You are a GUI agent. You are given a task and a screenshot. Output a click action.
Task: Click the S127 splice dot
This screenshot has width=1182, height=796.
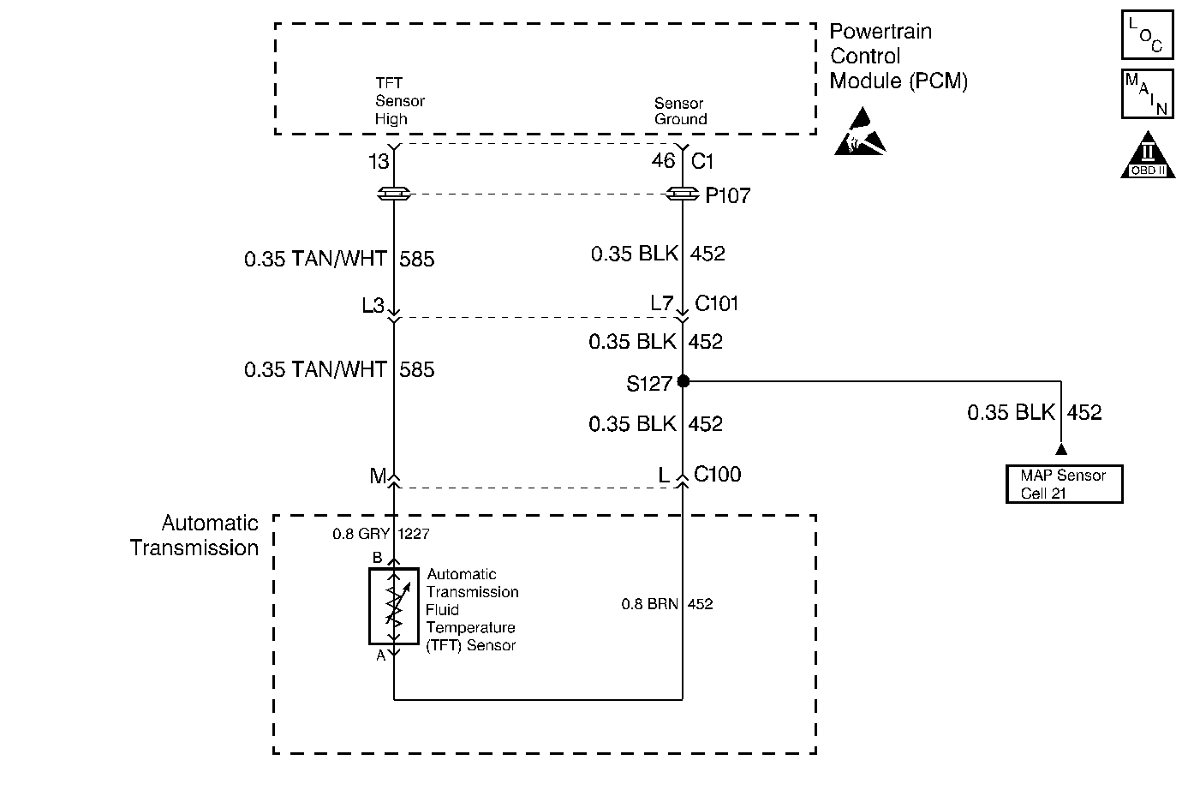click(683, 380)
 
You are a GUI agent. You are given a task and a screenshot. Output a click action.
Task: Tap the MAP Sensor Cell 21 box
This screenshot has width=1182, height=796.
click(1064, 484)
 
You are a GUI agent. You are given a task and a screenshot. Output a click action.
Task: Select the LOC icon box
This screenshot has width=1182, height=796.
click(1146, 35)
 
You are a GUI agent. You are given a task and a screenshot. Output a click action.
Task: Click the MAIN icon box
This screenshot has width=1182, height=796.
click(1146, 93)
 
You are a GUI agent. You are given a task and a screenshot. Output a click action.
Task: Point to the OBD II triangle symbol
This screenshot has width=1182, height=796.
click(1148, 156)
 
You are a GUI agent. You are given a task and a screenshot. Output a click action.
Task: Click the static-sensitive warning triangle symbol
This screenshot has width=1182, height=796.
click(859, 134)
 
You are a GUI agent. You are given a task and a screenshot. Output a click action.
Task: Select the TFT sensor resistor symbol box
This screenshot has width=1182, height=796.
click(394, 605)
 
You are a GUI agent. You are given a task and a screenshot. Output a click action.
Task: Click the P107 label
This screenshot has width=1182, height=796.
click(727, 196)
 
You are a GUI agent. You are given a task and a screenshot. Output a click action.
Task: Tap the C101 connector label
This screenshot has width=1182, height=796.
click(717, 303)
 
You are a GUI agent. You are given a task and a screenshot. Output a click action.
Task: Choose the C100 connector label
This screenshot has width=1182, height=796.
click(717, 474)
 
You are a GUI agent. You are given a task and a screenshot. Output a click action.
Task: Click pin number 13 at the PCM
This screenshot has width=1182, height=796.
click(379, 161)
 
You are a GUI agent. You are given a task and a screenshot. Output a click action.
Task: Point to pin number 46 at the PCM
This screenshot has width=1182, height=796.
click(663, 161)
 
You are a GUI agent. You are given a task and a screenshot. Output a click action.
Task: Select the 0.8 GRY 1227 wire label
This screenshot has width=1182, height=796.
click(380, 534)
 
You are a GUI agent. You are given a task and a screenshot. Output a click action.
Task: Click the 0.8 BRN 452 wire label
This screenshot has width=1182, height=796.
click(666, 604)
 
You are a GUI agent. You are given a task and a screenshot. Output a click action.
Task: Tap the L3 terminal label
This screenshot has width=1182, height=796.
click(373, 305)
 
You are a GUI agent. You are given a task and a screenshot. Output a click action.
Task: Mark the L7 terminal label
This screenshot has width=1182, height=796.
click(661, 303)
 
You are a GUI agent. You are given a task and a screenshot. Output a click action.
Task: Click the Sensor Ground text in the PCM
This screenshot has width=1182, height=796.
click(680, 111)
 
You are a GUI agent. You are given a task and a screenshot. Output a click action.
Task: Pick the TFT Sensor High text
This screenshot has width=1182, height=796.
click(399, 101)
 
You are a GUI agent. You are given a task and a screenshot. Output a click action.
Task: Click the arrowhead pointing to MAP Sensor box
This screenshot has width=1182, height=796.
click(1061, 449)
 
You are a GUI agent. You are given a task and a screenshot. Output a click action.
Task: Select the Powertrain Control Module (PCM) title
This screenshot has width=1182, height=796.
click(898, 57)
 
